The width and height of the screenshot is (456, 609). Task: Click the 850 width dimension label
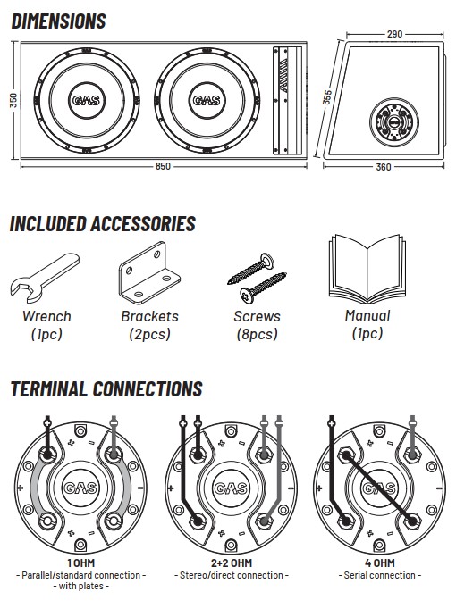163,166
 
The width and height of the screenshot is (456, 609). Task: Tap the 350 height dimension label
13,100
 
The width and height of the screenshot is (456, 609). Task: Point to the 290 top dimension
394,34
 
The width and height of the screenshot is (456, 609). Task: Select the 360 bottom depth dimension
384,167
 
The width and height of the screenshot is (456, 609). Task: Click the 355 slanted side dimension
327,97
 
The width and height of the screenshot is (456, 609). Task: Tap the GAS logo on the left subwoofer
87,101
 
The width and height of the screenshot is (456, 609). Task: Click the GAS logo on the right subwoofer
207,101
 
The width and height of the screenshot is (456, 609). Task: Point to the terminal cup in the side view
393,122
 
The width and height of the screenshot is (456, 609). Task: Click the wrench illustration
45,277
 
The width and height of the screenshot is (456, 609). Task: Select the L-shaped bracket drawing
149,272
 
